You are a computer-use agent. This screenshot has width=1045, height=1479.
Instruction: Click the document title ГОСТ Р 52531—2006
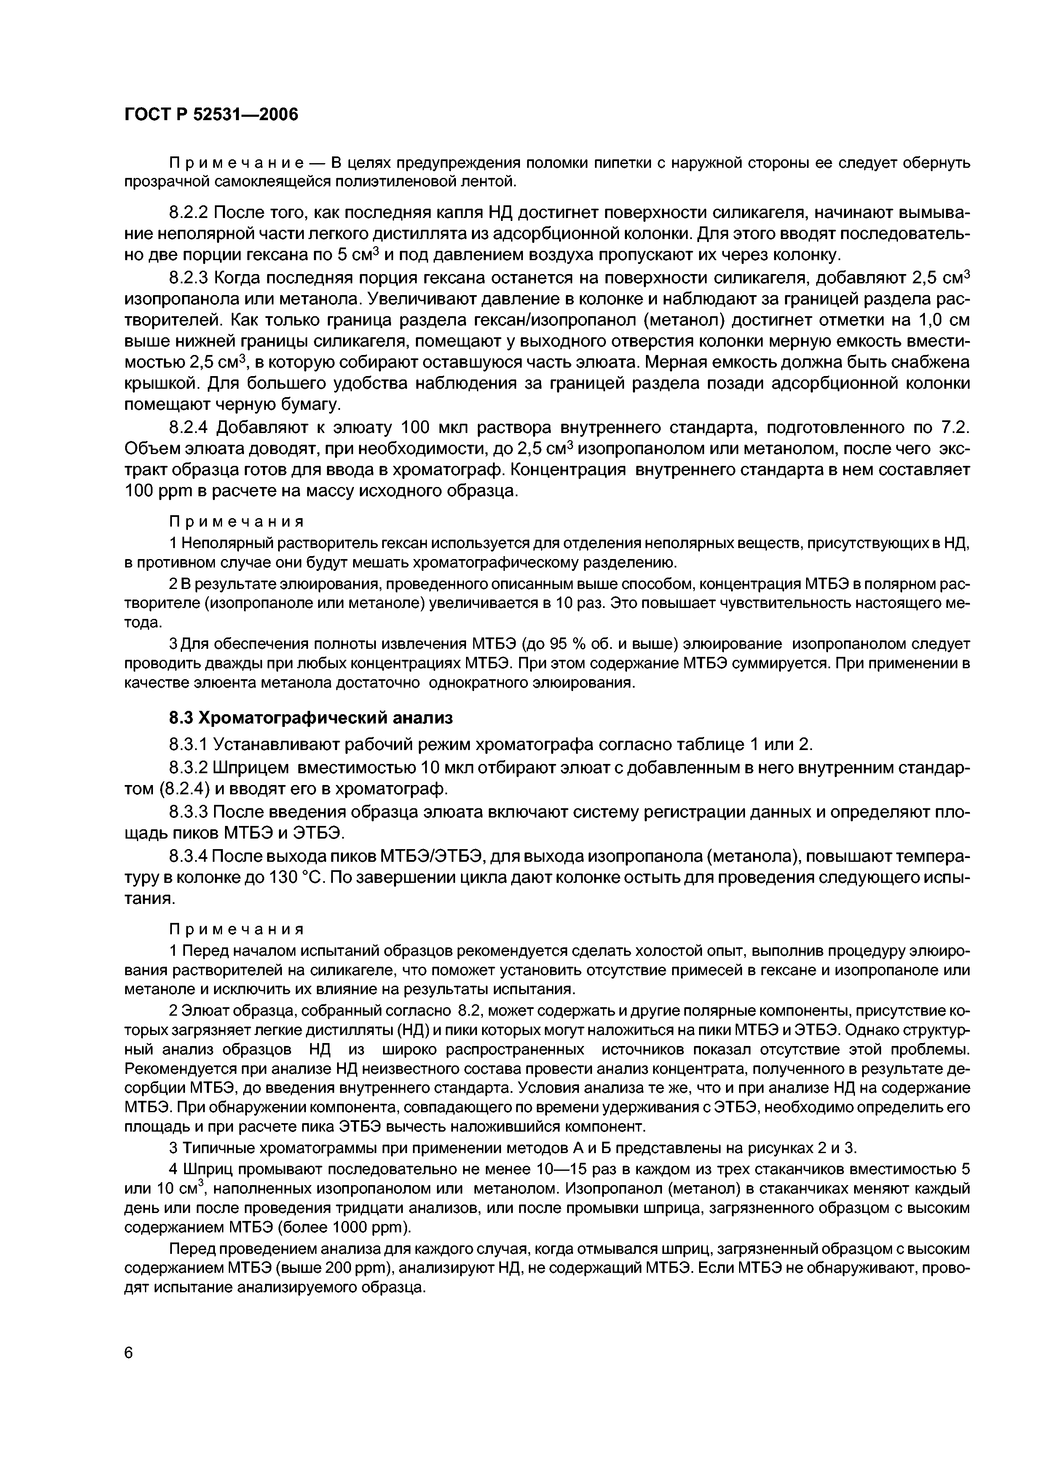(x=211, y=115)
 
